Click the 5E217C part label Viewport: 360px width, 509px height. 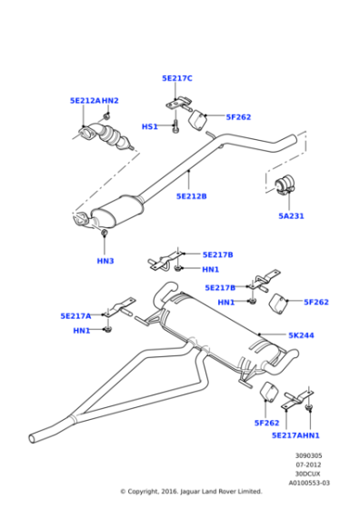pyautogui.click(x=177, y=78)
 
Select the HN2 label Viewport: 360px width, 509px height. pyautogui.click(x=110, y=101)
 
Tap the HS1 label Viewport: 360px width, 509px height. pyautogui.click(x=150, y=126)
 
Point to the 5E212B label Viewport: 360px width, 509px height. pyautogui.click(x=191, y=196)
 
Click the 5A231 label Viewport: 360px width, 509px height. pyautogui.click(x=291, y=216)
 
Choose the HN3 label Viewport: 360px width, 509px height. pyautogui.click(x=105, y=261)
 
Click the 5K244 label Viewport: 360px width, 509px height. pyautogui.click(x=301, y=335)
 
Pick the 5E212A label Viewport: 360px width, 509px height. pyautogui.click(x=85, y=101)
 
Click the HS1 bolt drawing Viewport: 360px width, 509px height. pyautogui.click(x=175, y=126)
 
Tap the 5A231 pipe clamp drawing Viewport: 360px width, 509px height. pyautogui.click(x=285, y=185)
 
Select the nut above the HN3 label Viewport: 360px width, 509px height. pyautogui.click(x=105, y=233)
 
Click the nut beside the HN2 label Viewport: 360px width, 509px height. pyautogui.click(x=106, y=115)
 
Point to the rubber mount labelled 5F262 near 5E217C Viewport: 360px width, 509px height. pyautogui.click(x=197, y=120)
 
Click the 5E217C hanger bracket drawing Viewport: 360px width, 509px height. pyautogui.click(x=179, y=104)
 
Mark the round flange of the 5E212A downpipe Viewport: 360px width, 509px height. pyautogui.click(x=86, y=135)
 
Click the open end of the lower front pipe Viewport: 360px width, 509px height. pyautogui.click(x=32, y=438)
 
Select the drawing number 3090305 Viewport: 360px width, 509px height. pyautogui.click(x=308, y=455)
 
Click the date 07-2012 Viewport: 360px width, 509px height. pyautogui.click(x=308, y=464)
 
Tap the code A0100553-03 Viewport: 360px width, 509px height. pyautogui.click(x=309, y=483)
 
